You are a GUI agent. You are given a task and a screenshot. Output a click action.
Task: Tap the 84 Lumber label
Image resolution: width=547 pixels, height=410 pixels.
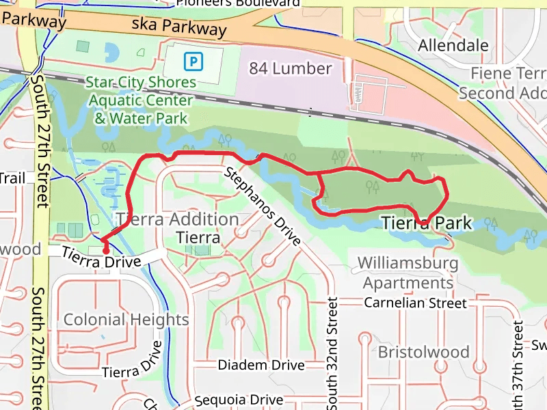[x=291, y=68]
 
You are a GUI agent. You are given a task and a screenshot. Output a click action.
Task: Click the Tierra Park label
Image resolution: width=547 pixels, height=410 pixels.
[x=427, y=223]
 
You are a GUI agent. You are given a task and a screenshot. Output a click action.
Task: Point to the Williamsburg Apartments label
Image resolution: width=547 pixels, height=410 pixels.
[x=408, y=272]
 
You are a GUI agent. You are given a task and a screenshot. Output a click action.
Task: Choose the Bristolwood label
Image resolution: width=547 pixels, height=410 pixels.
[x=424, y=352]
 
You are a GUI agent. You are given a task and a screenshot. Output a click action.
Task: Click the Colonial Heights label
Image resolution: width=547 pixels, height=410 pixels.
[x=126, y=320]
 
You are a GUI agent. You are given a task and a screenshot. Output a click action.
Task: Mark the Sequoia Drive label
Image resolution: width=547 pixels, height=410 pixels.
[x=239, y=400]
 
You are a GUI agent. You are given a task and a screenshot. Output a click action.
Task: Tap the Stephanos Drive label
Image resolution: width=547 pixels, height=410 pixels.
[x=263, y=206]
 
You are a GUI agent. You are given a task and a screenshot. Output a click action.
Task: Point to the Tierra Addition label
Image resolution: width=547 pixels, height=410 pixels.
[x=178, y=219]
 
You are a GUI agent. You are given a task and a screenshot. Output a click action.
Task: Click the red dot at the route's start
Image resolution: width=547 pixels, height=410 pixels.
[x=106, y=251]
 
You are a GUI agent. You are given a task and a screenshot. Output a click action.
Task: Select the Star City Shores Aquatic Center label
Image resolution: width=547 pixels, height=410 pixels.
[x=141, y=100]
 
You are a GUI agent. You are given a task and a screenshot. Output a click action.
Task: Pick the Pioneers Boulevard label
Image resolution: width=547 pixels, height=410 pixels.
[x=237, y=3]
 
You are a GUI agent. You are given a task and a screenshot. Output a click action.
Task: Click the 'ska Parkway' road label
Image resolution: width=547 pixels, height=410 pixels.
[x=180, y=27]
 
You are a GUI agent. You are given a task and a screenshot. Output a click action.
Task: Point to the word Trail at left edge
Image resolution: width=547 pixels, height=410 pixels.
[x=12, y=178]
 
